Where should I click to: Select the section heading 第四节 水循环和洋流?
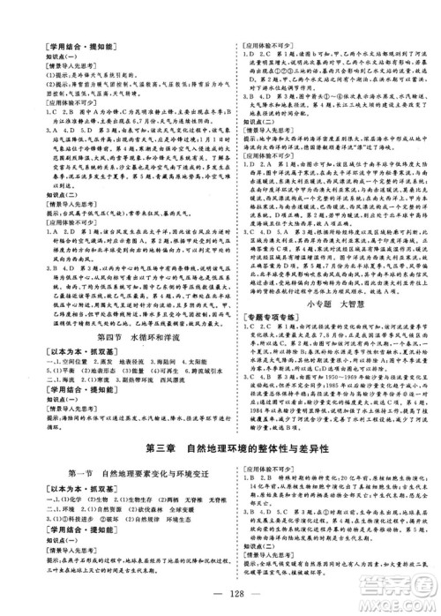[108, 335]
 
